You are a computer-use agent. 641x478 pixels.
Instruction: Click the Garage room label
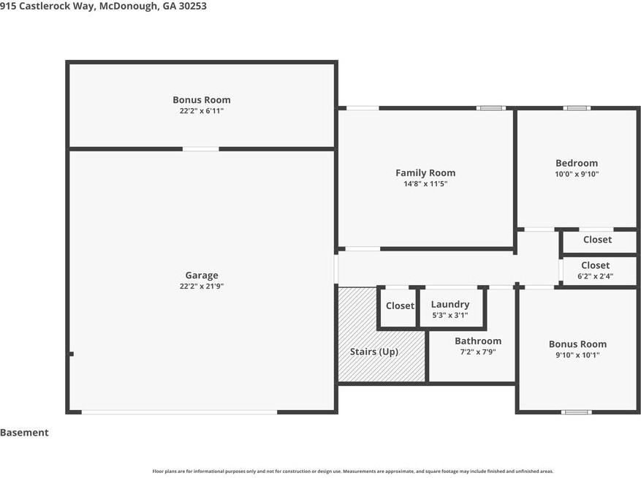point(202,276)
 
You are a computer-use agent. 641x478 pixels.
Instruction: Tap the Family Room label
point(425,173)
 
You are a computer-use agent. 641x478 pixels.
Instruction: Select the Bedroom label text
point(577,163)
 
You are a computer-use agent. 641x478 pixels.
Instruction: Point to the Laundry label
point(450,304)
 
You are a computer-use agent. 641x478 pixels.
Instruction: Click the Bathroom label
point(478,341)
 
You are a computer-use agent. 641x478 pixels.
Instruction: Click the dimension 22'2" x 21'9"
point(202,287)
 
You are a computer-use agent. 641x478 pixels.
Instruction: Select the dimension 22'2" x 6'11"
point(202,111)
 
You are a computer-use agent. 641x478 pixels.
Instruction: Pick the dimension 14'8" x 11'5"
point(425,184)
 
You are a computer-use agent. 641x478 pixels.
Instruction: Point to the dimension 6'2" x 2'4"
point(595,276)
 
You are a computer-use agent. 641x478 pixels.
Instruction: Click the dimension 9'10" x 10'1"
point(577,355)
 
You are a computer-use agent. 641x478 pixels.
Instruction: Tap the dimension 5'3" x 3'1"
point(450,315)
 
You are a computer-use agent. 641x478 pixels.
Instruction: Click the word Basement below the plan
point(24,433)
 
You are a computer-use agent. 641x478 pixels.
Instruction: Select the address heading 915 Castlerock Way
point(47,6)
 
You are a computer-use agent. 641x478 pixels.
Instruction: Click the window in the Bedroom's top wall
point(577,108)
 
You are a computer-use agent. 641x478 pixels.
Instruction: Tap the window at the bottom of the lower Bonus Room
point(576,412)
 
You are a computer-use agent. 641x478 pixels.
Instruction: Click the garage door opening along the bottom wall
point(180,412)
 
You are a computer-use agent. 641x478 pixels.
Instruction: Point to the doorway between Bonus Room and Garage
point(201,149)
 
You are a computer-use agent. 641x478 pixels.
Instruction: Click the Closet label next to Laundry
point(400,306)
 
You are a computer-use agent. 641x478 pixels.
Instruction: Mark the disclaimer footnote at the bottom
point(353,471)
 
